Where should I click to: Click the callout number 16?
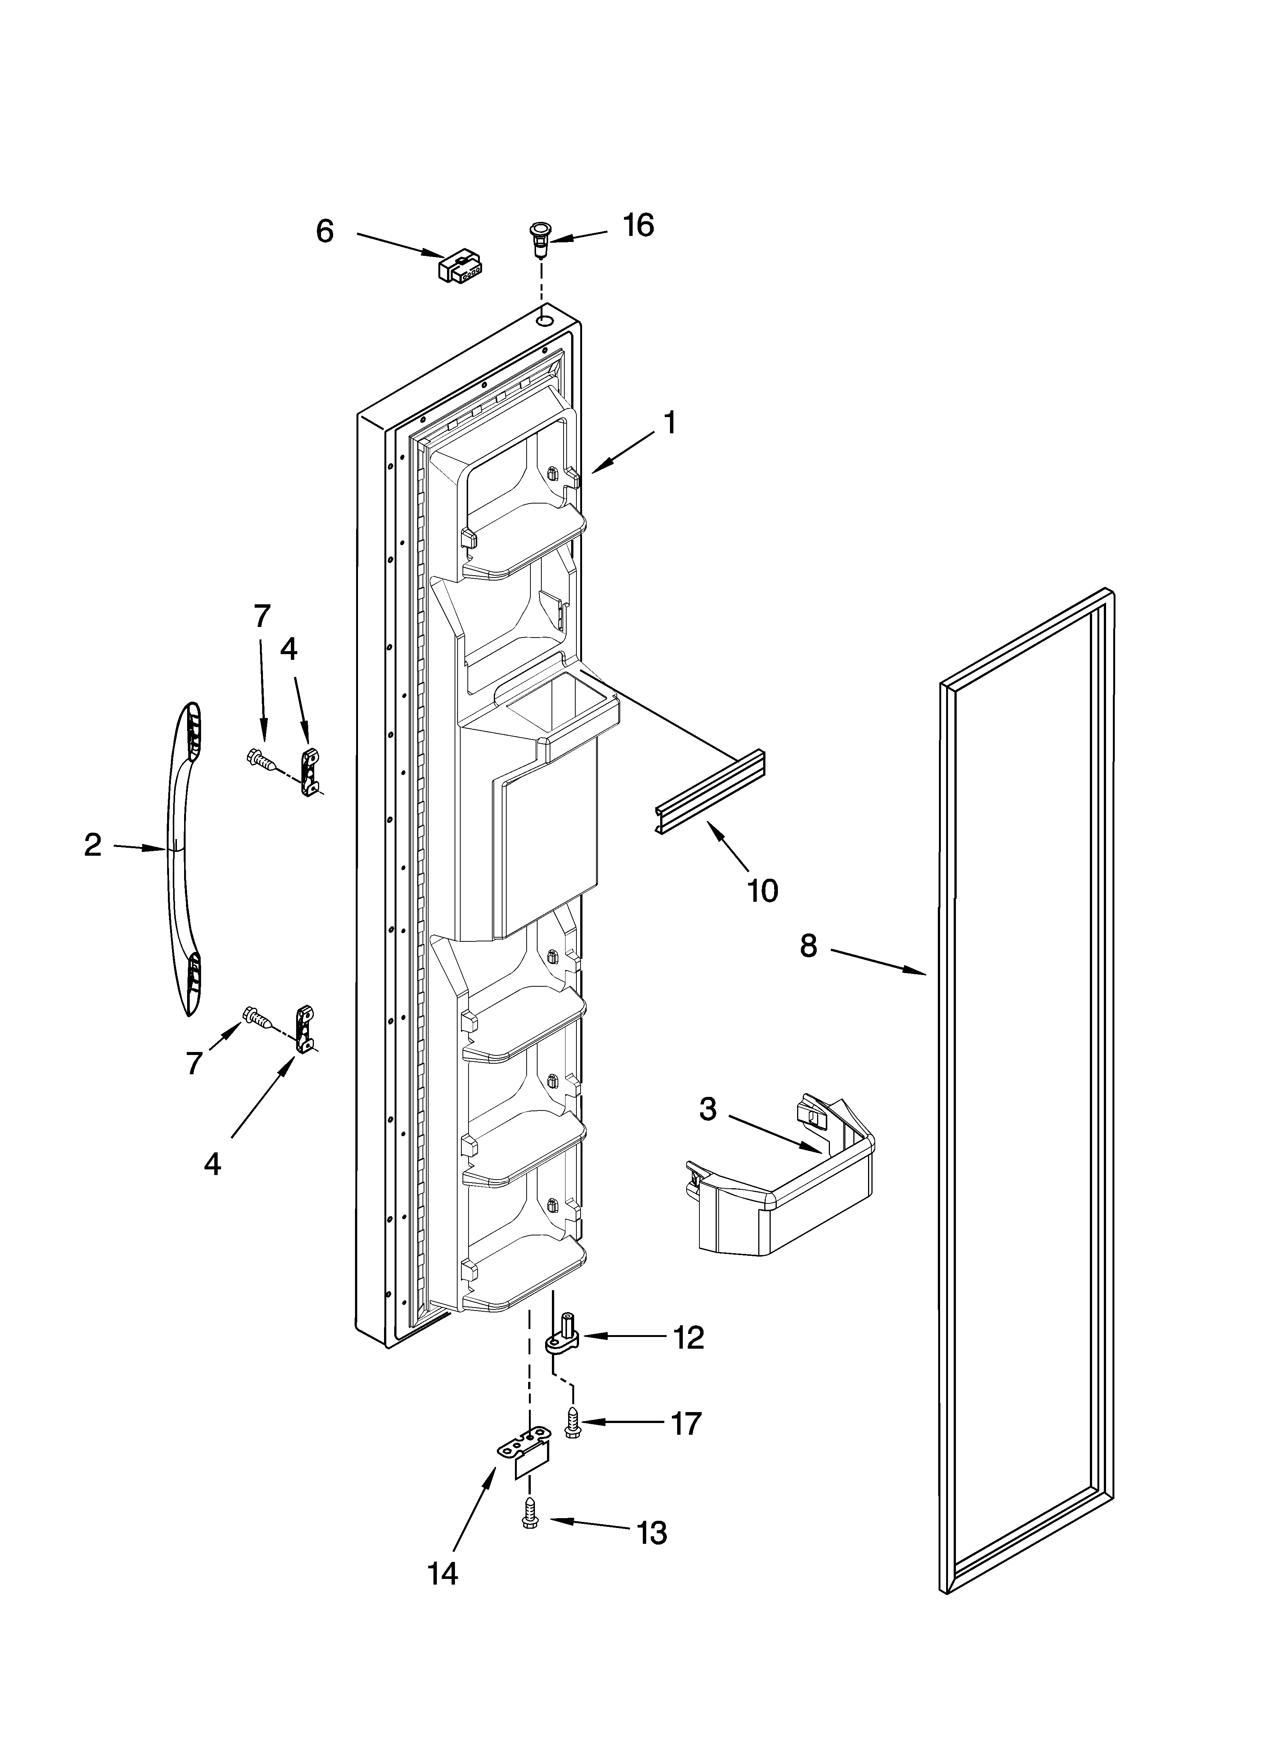[x=638, y=225]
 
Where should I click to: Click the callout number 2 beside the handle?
[x=92, y=846]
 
